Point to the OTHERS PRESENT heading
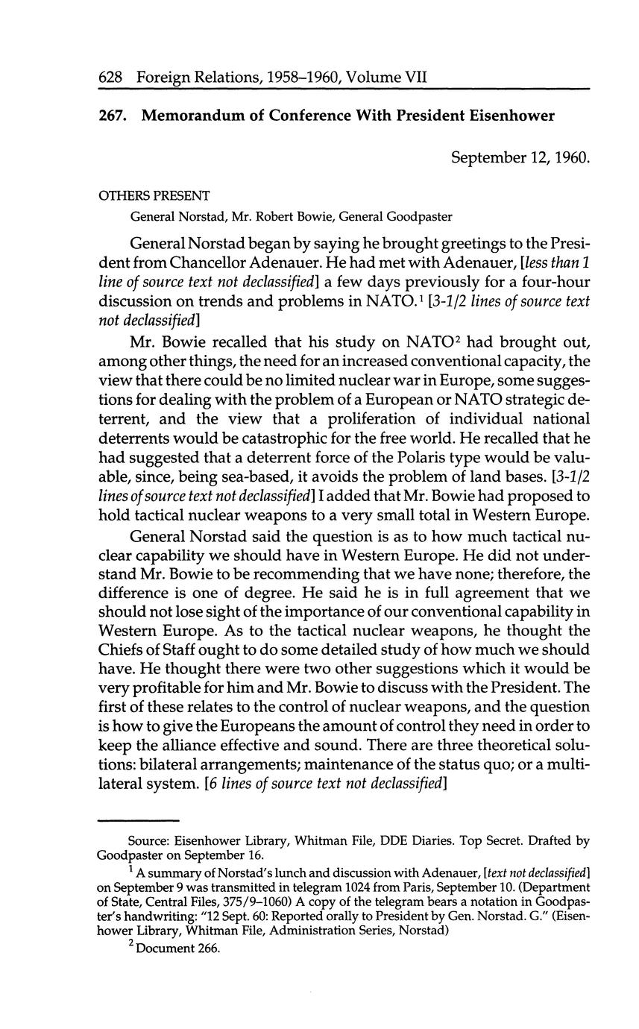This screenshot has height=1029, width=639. [154, 195]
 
